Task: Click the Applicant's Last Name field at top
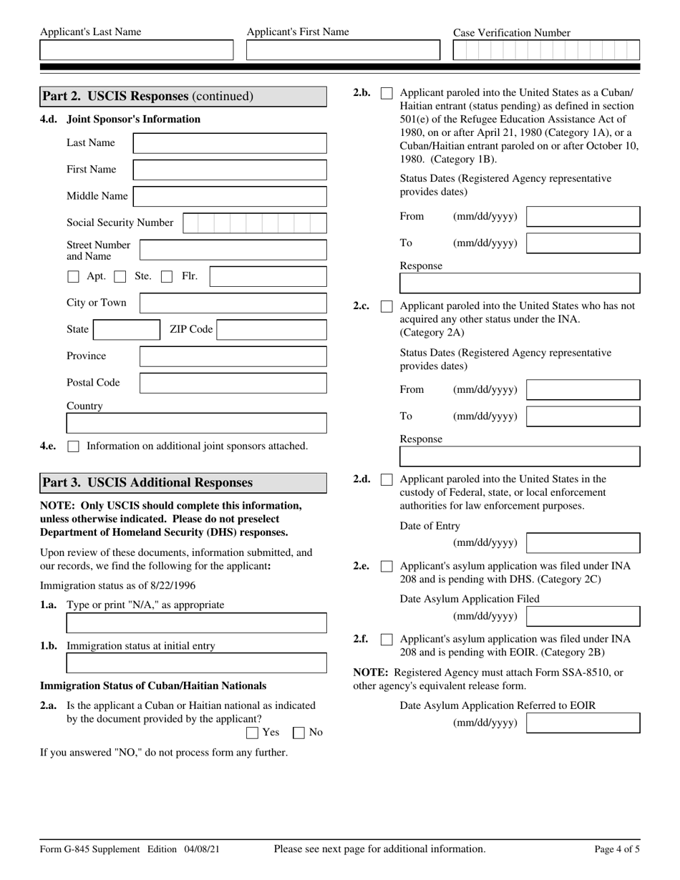pos(136,50)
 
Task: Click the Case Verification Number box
pos(546,50)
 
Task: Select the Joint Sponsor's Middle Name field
pos(230,197)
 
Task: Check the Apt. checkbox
pos(73,277)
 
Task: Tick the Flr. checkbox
pos(167,277)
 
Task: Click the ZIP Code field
pos(271,330)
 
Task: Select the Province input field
pos(233,356)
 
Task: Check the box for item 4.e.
pos(73,446)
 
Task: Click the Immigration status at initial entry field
pos(196,663)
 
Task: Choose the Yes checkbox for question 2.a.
pos(252,733)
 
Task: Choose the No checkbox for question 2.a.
pos(300,733)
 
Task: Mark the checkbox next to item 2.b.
pos(387,93)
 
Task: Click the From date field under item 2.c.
pos(583,390)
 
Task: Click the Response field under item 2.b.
pos(519,284)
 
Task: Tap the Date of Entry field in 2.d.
pos(583,543)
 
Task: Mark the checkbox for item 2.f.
pos(387,640)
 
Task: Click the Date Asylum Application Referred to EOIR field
pos(583,723)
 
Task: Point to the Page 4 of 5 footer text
pos(617,849)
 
